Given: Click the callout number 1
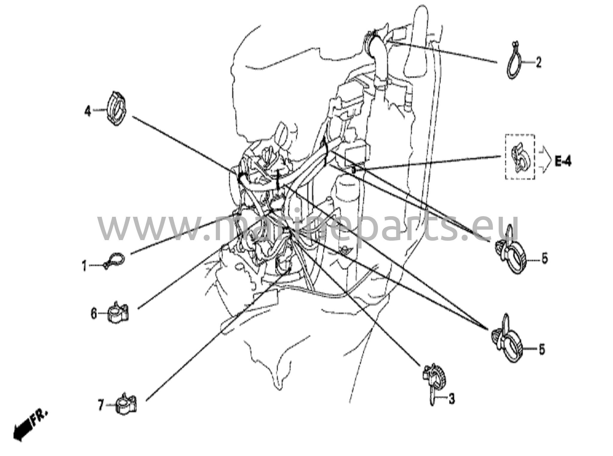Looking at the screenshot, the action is tap(85, 266).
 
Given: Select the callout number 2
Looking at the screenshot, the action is tap(538, 62).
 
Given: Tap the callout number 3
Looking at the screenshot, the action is tap(451, 399).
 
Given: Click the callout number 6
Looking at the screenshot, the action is tap(94, 314).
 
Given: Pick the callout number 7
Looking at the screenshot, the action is tap(101, 406).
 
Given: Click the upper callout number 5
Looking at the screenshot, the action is tap(544, 258).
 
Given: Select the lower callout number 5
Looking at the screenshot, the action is tap(542, 350).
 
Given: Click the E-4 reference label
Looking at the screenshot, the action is tap(563, 162).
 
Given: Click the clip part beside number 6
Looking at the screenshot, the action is tap(118, 312).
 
